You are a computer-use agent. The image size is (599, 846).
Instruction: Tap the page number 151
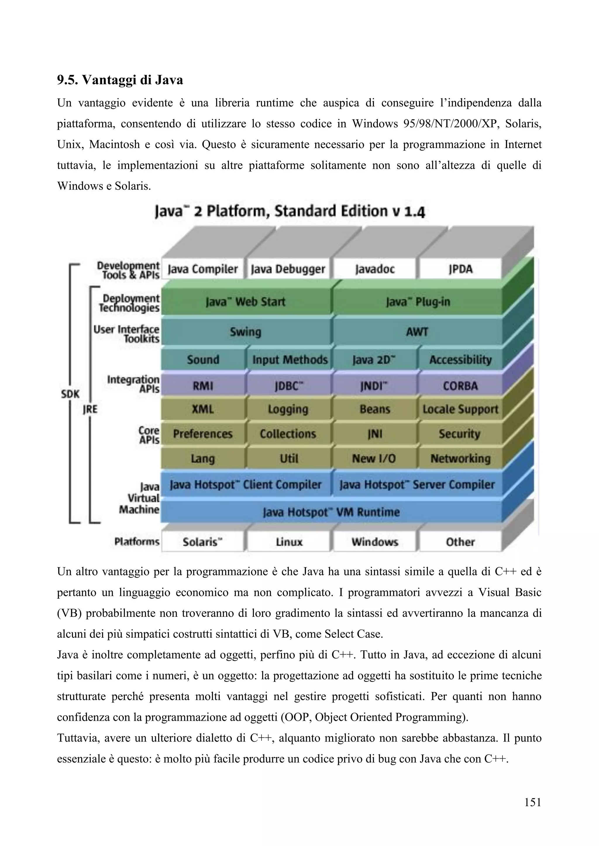(532, 802)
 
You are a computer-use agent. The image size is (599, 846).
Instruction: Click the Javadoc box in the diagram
(374, 269)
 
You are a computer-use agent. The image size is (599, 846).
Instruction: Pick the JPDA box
(460, 269)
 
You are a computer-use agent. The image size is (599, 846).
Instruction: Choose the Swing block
(245, 332)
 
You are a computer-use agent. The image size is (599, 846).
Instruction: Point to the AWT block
(417, 332)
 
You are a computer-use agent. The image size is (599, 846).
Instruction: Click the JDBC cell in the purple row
(288, 386)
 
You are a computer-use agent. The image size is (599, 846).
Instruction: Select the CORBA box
(460, 386)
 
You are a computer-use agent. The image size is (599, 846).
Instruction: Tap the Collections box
(288, 434)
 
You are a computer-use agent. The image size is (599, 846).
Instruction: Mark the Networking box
(460, 458)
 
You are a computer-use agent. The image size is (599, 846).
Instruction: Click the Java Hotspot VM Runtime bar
(331, 512)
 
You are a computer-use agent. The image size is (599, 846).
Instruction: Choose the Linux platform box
(289, 542)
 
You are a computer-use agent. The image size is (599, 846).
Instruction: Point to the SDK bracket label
(70, 394)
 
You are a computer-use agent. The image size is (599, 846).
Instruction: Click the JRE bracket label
(89, 409)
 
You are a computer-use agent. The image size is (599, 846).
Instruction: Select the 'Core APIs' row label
(149, 435)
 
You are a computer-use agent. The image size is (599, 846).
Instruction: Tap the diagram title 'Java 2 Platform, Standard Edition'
(290, 212)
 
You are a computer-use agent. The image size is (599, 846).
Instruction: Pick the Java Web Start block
(245, 302)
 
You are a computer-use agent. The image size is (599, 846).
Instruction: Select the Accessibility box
(460, 360)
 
